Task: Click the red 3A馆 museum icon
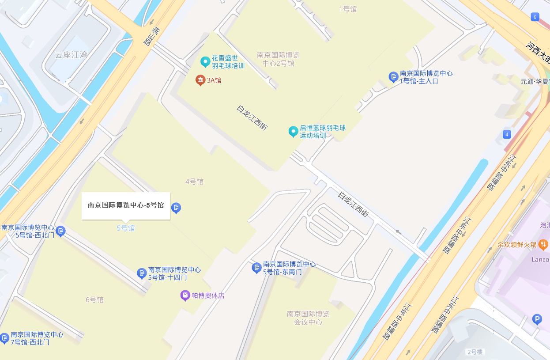point(200,80)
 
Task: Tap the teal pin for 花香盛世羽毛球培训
point(205,62)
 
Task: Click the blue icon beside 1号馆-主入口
point(394,77)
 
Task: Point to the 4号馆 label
point(194,182)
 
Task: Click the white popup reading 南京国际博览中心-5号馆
point(126,205)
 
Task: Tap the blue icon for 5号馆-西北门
point(61,231)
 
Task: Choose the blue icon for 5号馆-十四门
point(142,273)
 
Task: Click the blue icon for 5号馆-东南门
point(256,268)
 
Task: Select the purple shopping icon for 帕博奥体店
point(185,295)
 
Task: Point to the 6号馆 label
point(94,299)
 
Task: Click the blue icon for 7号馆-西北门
point(4,338)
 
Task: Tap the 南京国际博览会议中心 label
point(308,318)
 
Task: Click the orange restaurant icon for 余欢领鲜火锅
point(543,244)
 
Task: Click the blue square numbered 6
point(535,17)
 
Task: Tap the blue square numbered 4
point(507,134)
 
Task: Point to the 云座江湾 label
point(71,55)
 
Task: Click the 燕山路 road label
point(151,37)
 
